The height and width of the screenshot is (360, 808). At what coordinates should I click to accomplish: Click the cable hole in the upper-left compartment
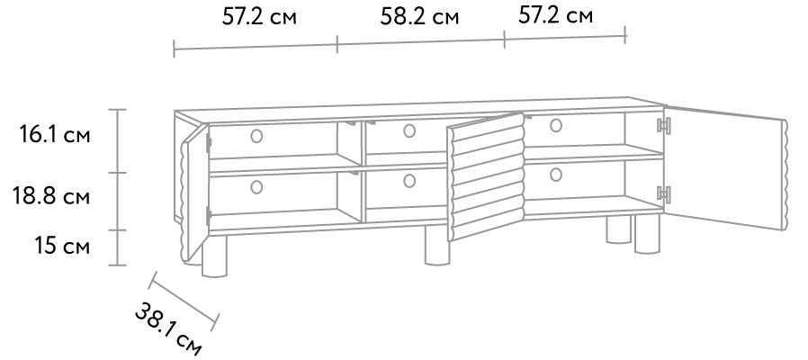(x=256, y=136)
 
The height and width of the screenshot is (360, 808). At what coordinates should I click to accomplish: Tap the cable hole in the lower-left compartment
(x=256, y=187)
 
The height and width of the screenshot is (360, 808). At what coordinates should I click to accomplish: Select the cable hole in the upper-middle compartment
(x=409, y=131)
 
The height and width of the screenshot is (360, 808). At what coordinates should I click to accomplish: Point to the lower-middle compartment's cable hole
(x=409, y=181)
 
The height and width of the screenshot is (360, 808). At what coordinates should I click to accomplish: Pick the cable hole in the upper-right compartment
(x=556, y=125)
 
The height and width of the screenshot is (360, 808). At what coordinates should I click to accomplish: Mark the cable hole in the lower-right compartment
(x=556, y=175)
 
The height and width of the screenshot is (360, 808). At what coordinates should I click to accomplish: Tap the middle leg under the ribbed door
(x=436, y=247)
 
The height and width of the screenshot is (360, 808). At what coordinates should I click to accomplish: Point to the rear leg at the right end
(x=618, y=229)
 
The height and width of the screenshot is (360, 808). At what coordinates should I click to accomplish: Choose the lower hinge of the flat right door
(x=664, y=193)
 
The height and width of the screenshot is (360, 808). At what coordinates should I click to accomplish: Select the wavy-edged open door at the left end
(x=194, y=193)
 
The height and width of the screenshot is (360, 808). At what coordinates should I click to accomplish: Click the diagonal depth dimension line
(x=184, y=301)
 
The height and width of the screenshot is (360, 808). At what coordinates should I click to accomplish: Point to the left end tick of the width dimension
(x=174, y=48)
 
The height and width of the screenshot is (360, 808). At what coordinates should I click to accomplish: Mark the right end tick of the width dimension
(x=624, y=34)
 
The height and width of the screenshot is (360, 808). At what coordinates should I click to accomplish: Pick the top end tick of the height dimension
(x=117, y=109)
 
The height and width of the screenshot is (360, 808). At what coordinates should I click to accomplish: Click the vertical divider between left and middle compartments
(x=363, y=171)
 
